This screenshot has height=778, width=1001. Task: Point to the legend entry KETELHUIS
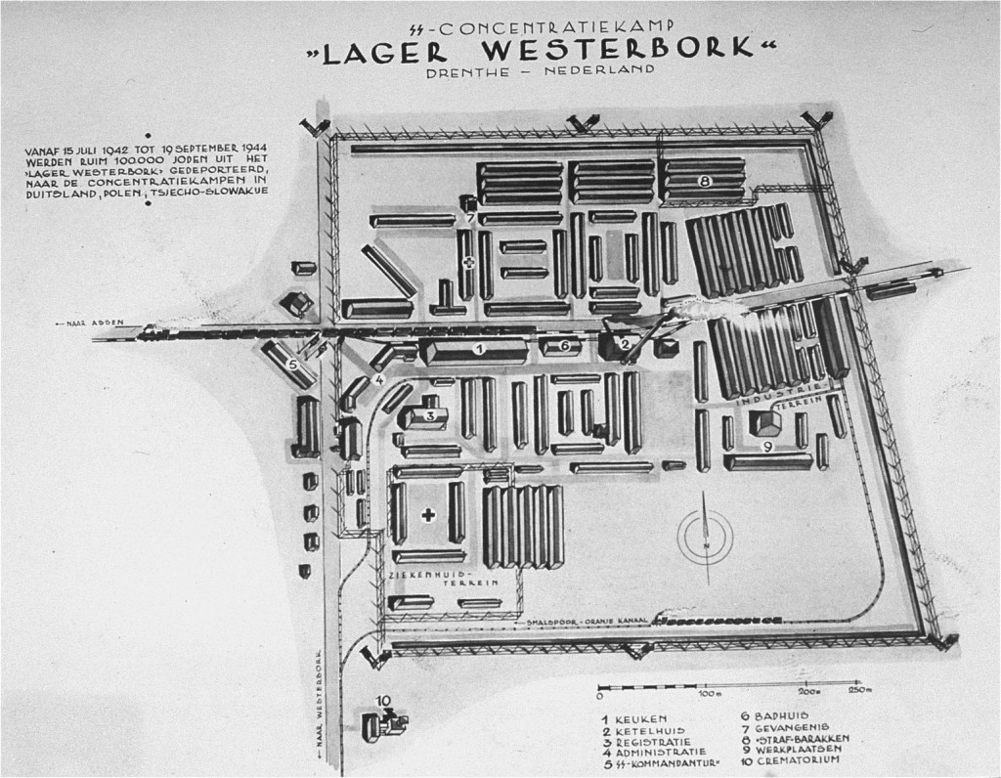click(x=651, y=732)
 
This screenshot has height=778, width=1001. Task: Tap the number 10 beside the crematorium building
click(x=383, y=699)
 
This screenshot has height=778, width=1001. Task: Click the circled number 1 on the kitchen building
click(x=479, y=348)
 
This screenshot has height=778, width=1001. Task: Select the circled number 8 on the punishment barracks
click(x=704, y=182)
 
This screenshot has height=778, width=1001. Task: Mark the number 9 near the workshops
click(x=767, y=446)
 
